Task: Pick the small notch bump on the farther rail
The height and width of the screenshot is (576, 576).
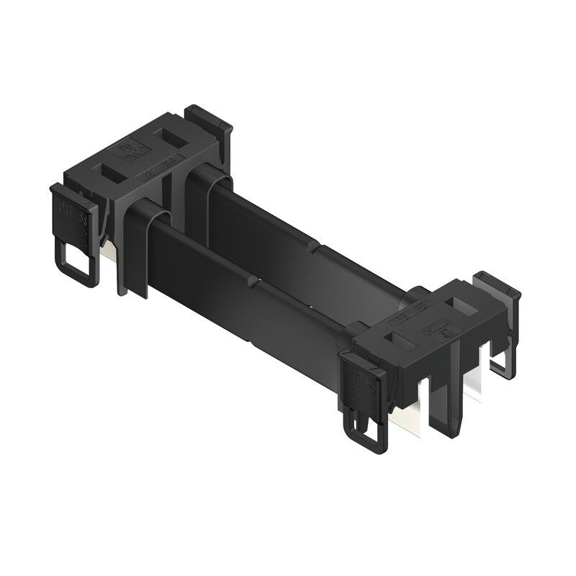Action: pyautogui.click(x=320, y=248)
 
